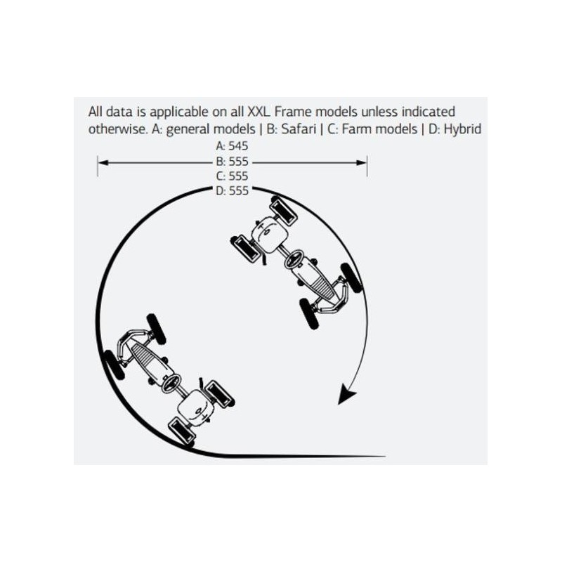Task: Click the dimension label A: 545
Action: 232,146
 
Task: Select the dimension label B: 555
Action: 232,162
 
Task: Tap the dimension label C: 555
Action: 232,176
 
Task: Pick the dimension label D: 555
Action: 232,190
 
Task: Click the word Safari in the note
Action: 299,129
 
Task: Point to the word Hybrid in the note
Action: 462,129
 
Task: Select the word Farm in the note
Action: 358,129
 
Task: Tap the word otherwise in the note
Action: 118,129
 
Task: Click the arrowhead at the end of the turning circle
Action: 346,394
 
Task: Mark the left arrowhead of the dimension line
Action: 103,163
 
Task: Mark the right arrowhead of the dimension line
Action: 361,163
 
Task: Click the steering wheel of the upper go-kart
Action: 294,259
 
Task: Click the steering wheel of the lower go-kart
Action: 171,384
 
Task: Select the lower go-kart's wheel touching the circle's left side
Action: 113,365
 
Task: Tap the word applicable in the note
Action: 179,112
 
